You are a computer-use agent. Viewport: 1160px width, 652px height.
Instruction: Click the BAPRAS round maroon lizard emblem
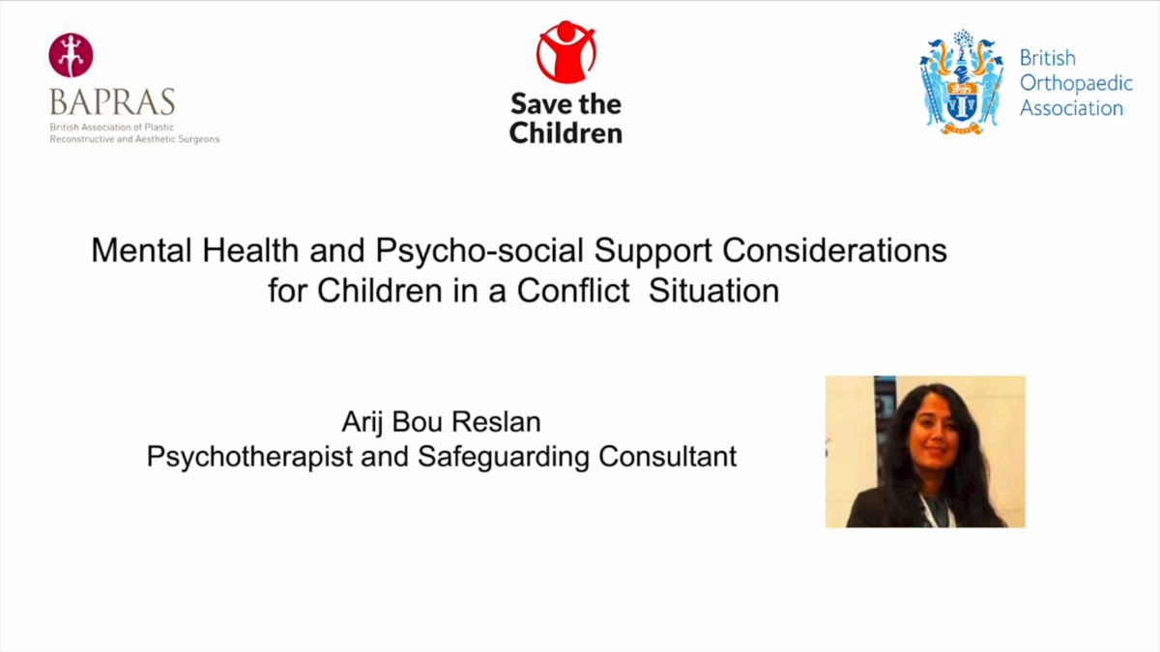click(71, 55)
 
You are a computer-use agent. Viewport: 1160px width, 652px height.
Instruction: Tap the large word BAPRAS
click(112, 102)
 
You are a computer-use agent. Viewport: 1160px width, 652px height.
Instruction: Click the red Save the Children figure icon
click(566, 52)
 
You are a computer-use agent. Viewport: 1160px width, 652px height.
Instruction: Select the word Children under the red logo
click(565, 133)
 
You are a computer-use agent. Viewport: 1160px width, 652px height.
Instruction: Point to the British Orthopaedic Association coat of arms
click(961, 82)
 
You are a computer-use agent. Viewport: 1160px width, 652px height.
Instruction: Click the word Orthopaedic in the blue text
click(1076, 83)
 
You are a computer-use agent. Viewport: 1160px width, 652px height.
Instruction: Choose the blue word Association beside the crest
click(1071, 108)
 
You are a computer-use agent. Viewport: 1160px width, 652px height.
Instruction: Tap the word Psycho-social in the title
click(479, 251)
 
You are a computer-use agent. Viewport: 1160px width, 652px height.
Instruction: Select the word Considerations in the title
click(835, 250)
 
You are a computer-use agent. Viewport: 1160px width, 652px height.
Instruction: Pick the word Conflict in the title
click(572, 291)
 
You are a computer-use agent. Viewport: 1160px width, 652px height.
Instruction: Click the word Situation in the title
click(713, 291)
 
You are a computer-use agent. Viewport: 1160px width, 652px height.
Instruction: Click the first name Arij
click(362, 423)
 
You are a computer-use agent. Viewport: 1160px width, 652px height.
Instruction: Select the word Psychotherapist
click(249, 457)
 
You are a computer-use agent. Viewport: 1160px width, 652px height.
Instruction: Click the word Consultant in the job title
click(668, 456)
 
